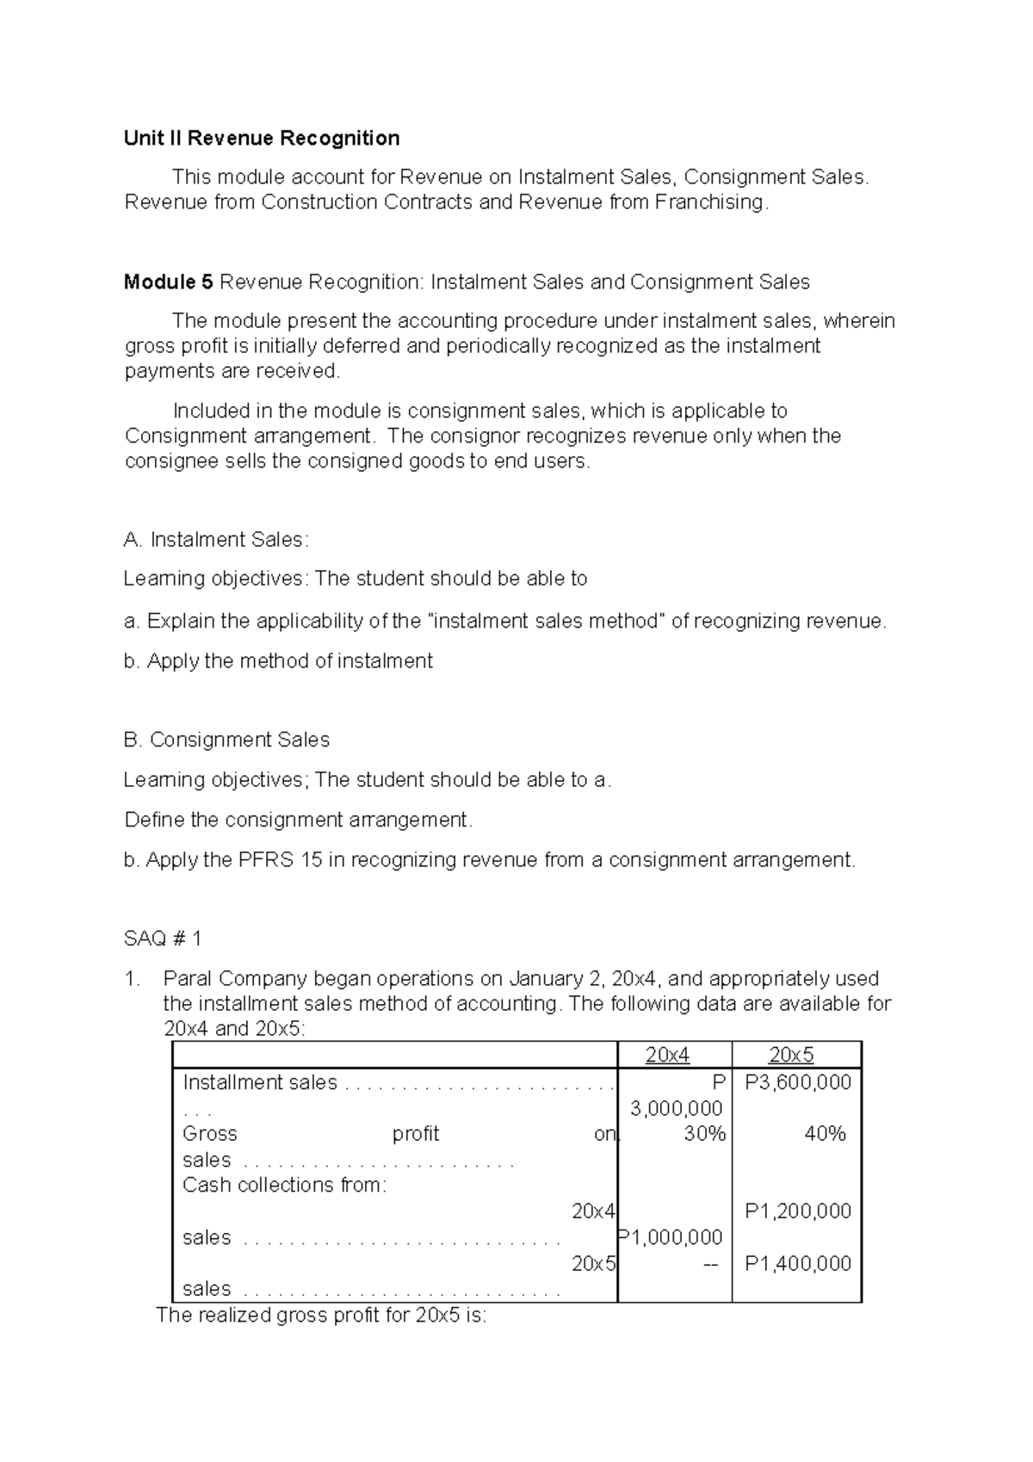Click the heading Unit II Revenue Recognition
pyautogui.click(x=262, y=138)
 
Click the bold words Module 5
pyautogui.click(x=168, y=282)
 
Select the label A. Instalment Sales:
pyautogui.click(x=216, y=540)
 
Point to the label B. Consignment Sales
pyautogui.click(x=226, y=740)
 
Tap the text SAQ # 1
pyautogui.click(x=163, y=938)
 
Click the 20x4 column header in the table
pyautogui.click(x=667, y=1055)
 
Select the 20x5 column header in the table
pyautogui.click(x=791, y=1055)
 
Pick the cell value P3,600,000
pyautogui.click(x=798, y=1082)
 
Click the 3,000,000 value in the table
pyautogui.click(x=677, y=1108)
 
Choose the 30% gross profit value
pyautogui.click(x=704, y=1134)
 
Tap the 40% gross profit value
pyautogui.click(x=825, y=1134)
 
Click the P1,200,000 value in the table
pyautogui.click(x=798, y=1211)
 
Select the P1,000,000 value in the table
pyautogui.click(x=671, y=1237)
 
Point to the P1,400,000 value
pyautogui.click(x=798, y=1263)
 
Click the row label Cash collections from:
pyautogui.click(x=285, y=1185)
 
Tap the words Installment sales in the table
pyautogui.click(x=260, y=1082)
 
